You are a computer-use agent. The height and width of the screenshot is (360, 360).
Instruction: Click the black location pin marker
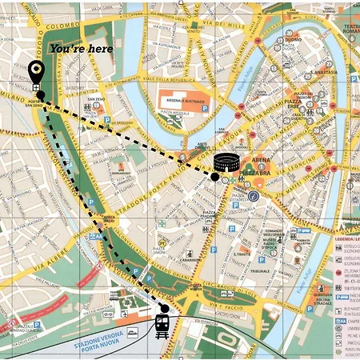tap(36, 73)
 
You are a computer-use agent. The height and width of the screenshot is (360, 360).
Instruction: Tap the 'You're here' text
tap(81, 50)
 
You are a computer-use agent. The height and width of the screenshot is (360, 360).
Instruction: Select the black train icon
tap(162, 326)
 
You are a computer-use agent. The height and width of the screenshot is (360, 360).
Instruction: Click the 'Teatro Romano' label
tap(350, 32)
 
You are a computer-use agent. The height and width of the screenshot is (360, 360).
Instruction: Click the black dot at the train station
tap(164, 307)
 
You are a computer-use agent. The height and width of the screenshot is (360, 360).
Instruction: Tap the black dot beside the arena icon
tap(214, 175)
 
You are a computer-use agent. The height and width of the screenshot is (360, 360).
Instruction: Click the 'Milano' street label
tap(13, 96)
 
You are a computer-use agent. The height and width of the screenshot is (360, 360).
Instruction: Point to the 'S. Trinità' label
tap(238, 254)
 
